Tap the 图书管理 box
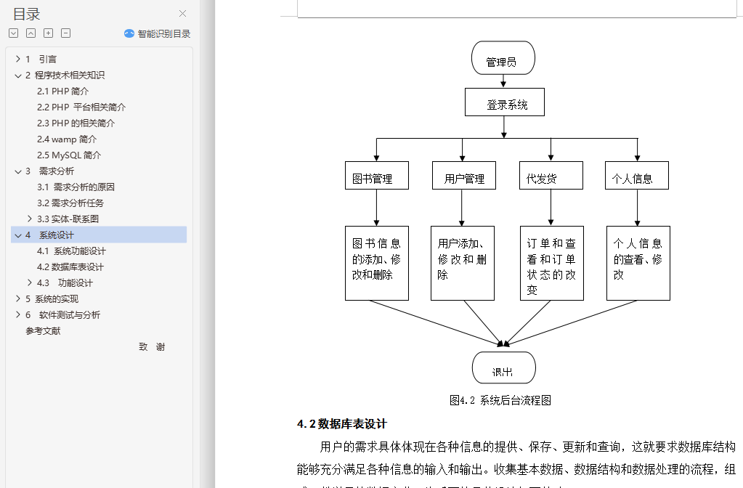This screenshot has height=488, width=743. (x=376, y=176)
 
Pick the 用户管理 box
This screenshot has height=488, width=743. (x=463, y=176)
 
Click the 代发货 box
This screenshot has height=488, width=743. (x=551, y=176)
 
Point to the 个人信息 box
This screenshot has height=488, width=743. (x=636, y=176)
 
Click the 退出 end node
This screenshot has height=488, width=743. (x=503, y=368)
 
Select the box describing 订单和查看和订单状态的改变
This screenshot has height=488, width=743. (x=551, y=263)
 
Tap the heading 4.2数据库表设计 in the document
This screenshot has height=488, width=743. (x=342, y=424)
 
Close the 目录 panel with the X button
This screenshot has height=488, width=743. (x=182, y=13)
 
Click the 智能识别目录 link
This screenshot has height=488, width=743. (x=158, y=33)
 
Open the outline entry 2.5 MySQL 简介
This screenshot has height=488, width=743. (x=69, y=155)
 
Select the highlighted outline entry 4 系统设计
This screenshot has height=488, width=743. (x=57, y=235)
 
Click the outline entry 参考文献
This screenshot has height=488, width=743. (x=43, y=330)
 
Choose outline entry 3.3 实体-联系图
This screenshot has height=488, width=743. (x=68, y=219)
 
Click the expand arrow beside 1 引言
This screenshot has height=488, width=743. (x=17, y=59)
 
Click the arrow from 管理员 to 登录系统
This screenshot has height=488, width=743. (x=503, y=81)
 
